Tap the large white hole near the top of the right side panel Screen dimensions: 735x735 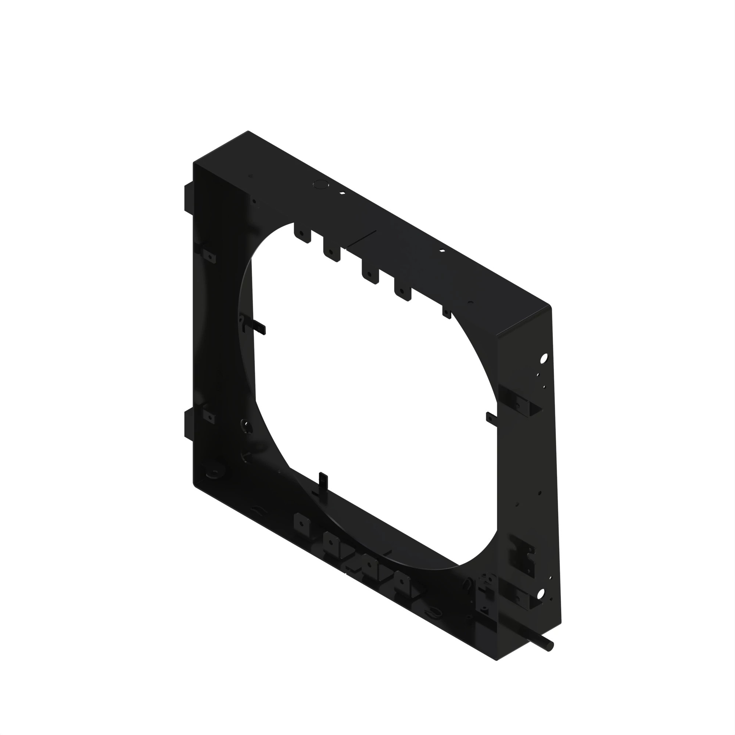point(544,358)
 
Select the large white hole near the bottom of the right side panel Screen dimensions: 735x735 point(541,593)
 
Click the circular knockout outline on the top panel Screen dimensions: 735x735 point(320,184)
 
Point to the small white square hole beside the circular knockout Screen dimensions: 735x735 point(342,193)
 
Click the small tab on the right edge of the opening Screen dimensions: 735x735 point(491,418)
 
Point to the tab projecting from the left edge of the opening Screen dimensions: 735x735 point(260,326)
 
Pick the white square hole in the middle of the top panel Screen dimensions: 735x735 point(442,250)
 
